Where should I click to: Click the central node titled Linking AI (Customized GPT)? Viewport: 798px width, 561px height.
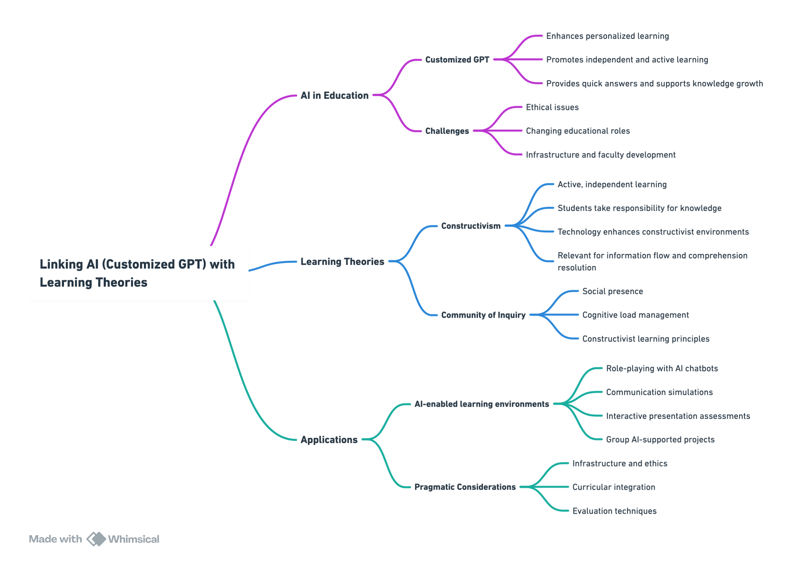[139, 273]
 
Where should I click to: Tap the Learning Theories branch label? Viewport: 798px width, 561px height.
[343, 262]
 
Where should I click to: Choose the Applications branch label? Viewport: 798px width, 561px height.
[329, 440]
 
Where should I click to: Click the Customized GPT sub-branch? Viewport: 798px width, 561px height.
[457, 60]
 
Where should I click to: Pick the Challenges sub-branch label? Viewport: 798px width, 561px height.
[447, 131]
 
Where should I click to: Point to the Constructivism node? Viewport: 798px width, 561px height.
[471, 226]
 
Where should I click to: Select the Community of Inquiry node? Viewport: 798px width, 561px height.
[484, 315]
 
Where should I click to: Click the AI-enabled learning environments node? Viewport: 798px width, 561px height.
[482, 404]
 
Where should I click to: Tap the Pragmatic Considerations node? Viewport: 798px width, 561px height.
[465, 487]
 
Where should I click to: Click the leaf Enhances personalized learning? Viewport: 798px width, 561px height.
[607, 36]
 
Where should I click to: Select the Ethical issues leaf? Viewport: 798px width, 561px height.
[552, 107]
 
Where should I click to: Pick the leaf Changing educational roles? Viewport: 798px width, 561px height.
[578, 131]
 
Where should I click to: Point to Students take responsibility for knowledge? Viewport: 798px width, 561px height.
[639, 208]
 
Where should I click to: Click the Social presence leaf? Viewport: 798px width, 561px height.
[613, 291]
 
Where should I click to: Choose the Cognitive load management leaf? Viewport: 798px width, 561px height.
[636, 315]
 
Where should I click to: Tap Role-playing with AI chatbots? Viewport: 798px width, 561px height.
[662, 369]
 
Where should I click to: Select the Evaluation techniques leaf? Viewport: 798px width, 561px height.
[614, 511]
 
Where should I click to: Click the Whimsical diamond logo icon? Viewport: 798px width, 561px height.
[96, 539]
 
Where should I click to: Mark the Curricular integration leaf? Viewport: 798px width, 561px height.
[614, 487]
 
